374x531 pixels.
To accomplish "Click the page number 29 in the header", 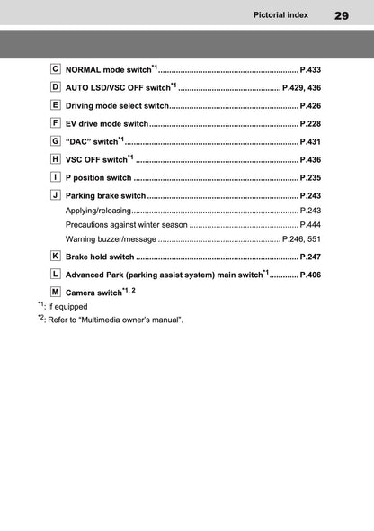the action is tap(343, 14).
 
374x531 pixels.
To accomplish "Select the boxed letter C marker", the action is tap(56, 68).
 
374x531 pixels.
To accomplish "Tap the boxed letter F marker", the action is tap(56, 122).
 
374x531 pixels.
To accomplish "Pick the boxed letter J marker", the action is tap(56, 194).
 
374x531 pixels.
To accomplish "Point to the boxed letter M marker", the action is tap(56, 292).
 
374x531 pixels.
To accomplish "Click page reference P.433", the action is tap(309, 69).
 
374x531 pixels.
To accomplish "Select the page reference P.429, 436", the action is tap(301, 87).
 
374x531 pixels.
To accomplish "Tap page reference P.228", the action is tap(309, 123).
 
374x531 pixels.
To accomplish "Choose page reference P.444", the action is tap(310, 224).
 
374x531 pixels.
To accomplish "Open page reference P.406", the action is tap(309, 274).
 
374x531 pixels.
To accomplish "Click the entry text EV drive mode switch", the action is tap(107, 123).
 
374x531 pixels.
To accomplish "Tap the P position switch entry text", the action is tap(99, 177).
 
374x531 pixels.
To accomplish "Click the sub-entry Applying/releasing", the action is tap(98, 210).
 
